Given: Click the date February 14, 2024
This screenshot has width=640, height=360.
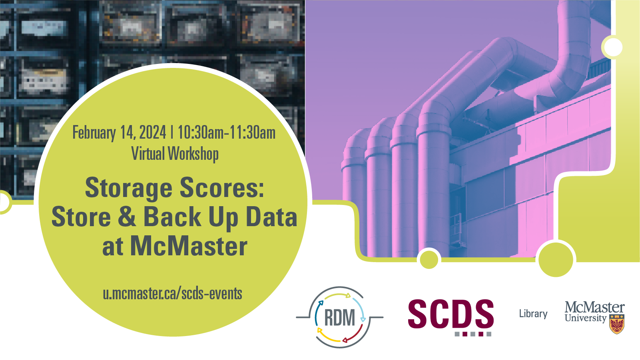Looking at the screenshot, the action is coord(119,133).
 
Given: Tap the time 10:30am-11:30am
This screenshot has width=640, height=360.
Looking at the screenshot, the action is coord(227,133).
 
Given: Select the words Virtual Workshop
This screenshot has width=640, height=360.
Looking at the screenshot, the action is coord(175,153).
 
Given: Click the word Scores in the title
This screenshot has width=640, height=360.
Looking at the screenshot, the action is coord(222,187).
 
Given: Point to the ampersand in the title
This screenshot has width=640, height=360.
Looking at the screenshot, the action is coord(127,216).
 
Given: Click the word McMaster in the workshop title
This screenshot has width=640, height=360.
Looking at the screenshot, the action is coord(189,246).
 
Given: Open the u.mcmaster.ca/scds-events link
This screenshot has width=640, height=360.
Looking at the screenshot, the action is coord(173,294).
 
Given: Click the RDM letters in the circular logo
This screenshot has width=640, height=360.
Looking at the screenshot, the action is coord(339,318).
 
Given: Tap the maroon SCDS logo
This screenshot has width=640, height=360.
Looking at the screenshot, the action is coord(451,314).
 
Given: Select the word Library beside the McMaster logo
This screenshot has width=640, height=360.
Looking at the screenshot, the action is coord(533,314).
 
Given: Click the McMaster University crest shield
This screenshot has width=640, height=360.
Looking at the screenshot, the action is coord(617,324).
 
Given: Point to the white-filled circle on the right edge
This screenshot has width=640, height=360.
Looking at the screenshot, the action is coord(613,47).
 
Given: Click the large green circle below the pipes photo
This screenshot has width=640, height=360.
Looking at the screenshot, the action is coord(556,259).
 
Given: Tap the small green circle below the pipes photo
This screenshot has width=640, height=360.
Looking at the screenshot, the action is coord(429,259).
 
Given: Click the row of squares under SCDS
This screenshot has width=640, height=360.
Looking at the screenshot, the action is coord(473,334).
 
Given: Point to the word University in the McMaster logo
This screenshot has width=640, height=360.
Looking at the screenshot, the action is coord(585,318).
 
